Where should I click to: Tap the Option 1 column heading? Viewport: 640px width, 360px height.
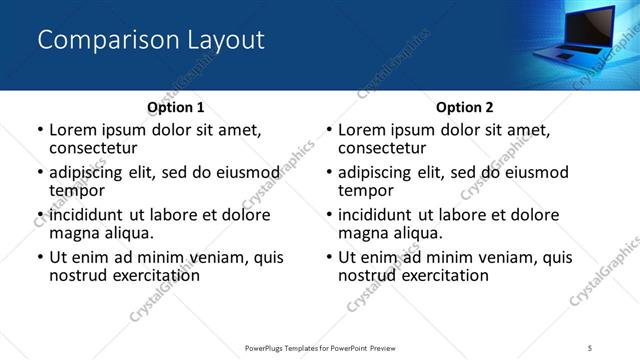(176, 107)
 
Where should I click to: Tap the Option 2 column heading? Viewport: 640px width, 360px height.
(465, 107)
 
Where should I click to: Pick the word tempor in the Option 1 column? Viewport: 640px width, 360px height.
(77, 190)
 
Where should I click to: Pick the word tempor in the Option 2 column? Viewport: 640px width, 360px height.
(366, 190)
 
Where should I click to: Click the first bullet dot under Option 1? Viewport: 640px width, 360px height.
(40, 131)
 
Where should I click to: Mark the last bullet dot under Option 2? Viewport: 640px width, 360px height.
(329, 257)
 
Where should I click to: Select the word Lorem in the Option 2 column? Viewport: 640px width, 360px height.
(362, 130)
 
